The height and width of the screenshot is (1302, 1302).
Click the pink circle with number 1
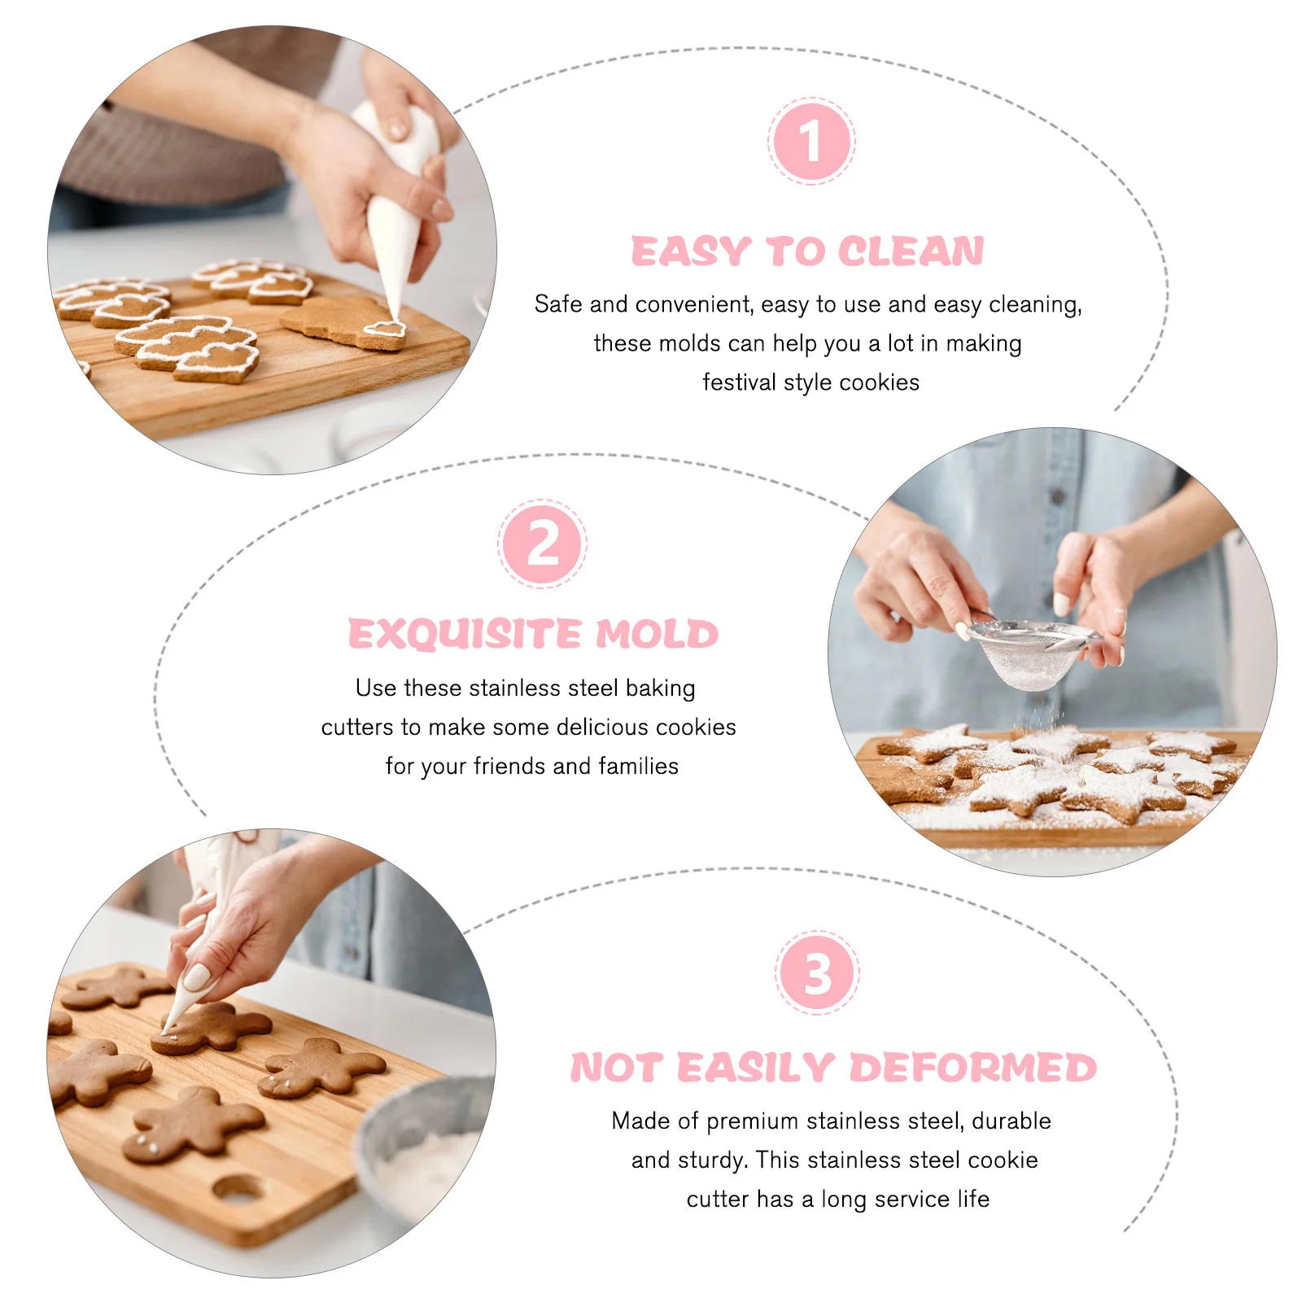tap(810, 141)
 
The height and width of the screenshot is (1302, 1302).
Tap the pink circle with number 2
tap(542, 544)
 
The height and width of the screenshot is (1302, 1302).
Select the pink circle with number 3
tap(817, 972)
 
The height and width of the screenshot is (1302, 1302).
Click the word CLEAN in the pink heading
tap(911, 251)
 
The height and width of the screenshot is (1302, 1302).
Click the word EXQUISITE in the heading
tap(465, 634)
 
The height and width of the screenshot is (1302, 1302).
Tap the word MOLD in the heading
tap(657, 634)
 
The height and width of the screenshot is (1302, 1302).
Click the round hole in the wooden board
tap(238, 1189)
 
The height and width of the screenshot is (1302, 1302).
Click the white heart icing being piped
tap(384, 329)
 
